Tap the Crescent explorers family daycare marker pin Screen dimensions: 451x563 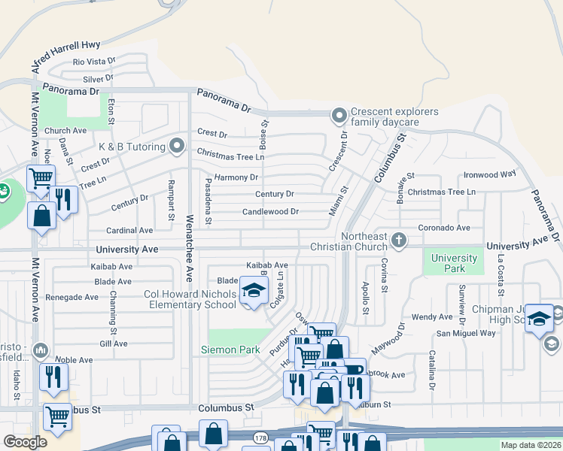coord(339,116)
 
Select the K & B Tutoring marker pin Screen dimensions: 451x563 coord(178,144)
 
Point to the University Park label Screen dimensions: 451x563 coord(454,264)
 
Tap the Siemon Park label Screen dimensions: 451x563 coord(230,350)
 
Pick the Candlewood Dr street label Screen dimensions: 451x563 coord(270,212)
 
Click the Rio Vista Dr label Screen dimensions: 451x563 coord(94,62)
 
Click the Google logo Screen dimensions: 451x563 coord(25,442)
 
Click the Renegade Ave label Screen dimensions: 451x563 coord(72,297)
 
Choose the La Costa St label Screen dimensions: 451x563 coord(501,277)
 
